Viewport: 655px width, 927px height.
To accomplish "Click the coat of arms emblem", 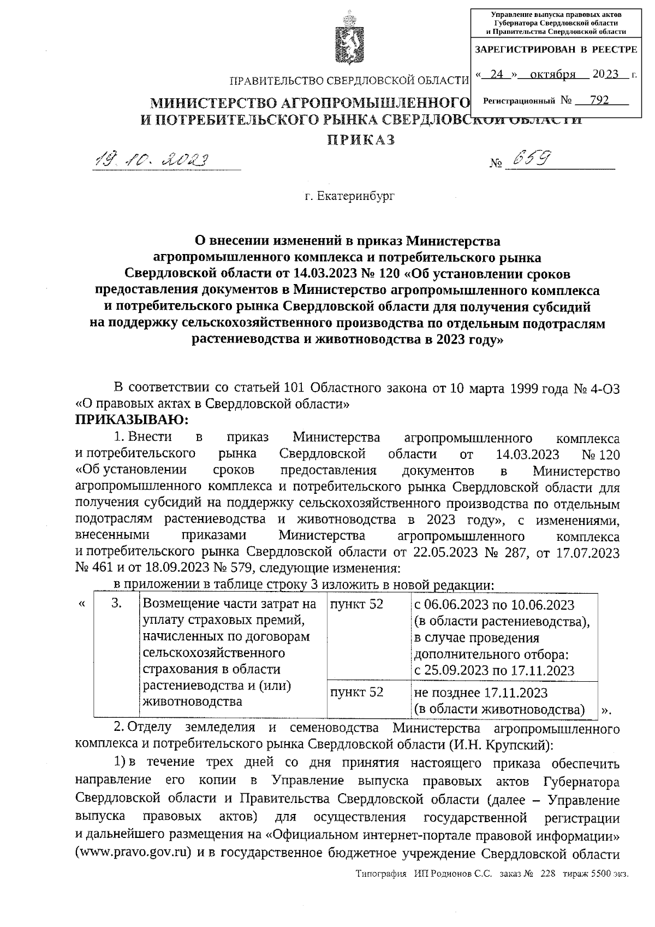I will point(345,39).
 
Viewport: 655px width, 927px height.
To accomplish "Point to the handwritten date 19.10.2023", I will point(152,160).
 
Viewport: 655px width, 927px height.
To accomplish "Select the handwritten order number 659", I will point(528,159).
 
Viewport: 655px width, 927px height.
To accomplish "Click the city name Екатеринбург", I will point(349,196).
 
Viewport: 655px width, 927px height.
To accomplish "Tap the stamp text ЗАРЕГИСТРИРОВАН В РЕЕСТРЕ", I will point(556,50).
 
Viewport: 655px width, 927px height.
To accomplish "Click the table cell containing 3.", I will point(116,604).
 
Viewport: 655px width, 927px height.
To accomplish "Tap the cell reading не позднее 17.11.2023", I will point(481,693).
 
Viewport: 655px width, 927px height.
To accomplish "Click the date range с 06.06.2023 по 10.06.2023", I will point(495,605).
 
